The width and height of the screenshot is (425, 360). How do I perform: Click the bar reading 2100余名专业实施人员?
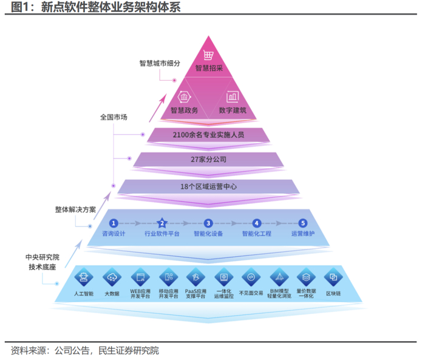208,135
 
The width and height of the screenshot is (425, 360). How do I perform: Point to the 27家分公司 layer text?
208,160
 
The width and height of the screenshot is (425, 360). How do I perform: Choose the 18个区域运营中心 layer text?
208,186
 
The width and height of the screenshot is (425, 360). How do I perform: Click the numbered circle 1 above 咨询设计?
113,223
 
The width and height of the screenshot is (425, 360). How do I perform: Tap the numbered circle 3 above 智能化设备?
208,223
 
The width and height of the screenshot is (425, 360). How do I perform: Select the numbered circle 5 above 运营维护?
303,223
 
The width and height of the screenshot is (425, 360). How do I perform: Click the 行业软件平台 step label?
161,234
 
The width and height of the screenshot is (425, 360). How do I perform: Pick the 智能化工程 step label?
256,234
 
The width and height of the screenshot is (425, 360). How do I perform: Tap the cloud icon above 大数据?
111,277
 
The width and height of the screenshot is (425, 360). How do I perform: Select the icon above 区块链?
333,277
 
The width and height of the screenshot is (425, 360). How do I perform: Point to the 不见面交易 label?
250,293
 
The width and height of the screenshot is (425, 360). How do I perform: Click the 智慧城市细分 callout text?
160,63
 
